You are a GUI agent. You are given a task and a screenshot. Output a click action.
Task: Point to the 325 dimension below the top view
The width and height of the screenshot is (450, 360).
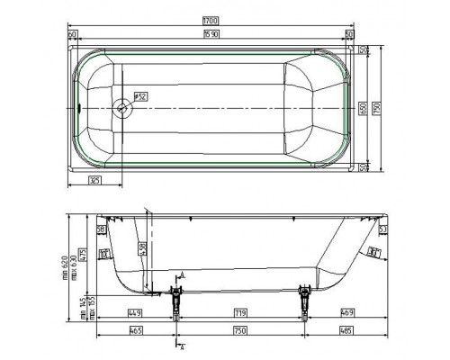coord(94,181)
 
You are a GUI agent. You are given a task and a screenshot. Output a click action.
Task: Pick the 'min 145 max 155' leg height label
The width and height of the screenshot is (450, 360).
coord(83,310)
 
